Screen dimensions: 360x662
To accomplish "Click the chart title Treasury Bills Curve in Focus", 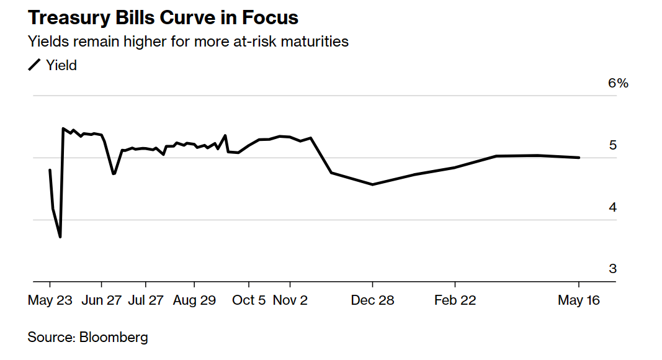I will (x=163, y=18).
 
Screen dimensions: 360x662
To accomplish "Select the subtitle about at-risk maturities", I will (x=188, y=42).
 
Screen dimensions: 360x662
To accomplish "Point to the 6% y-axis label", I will (x=618, y=83).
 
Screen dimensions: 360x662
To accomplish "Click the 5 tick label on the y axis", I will (x=612, y=145).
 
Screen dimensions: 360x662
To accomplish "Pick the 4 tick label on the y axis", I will (x=612, y=207).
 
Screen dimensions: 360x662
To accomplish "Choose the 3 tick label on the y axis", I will (x=612, y=269).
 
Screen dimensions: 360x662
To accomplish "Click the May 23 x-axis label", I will (x=50, y=300).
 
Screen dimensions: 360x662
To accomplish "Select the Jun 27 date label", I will (x=102, y=300).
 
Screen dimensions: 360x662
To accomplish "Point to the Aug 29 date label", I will (x=194, y=300).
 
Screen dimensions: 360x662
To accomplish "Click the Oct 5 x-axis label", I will (x=248, y=300).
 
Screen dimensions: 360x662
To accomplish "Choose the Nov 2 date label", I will (x=290, y=300).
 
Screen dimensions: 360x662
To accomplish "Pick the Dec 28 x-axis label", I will (x=372, y=300).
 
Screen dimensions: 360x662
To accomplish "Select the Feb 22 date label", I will (x=455, y=300).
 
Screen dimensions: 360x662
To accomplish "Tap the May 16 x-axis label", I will (x=578, y=300).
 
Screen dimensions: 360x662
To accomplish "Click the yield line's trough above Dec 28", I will (x=372, y=184).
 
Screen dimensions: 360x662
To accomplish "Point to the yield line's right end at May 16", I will (x=579, y=158).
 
